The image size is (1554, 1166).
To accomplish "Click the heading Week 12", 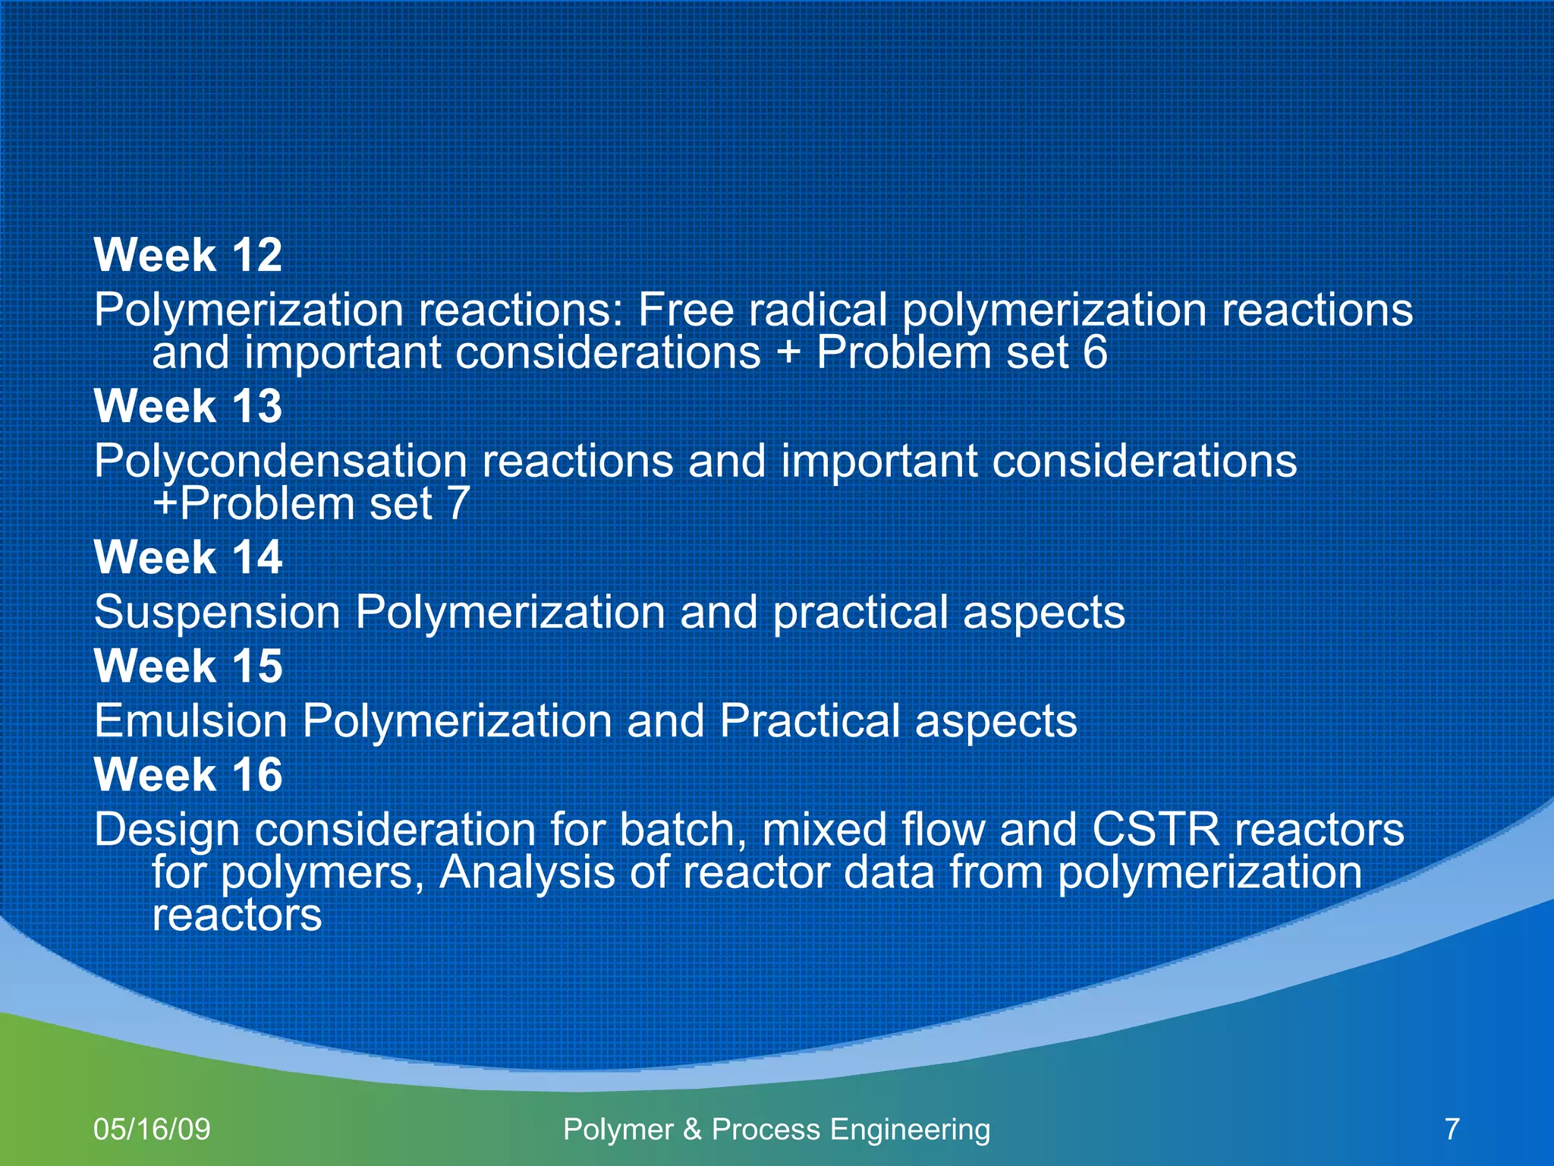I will [187, 255].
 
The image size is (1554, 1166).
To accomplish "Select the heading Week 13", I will [187, 406].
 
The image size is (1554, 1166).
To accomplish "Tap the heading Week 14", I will [187, 558].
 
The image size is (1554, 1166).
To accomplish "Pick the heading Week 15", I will [187, 667].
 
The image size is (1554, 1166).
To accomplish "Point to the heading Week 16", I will [187, 775].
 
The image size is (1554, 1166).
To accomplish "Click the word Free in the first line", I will [685, 310].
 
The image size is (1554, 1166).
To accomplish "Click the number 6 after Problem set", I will [1095, 353].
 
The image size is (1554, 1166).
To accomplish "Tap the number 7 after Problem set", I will [458, 504].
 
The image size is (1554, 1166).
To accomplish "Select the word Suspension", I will [217, 613].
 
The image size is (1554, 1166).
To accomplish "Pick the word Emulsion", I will [190, 720].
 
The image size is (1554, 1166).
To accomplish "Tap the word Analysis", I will [527, 872].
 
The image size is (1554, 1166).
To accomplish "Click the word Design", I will [167, 830].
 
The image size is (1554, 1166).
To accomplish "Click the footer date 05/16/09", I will [152, 1130].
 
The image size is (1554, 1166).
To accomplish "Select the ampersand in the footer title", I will [692, 1130].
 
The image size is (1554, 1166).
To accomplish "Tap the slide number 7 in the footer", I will [1452, 1130].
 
